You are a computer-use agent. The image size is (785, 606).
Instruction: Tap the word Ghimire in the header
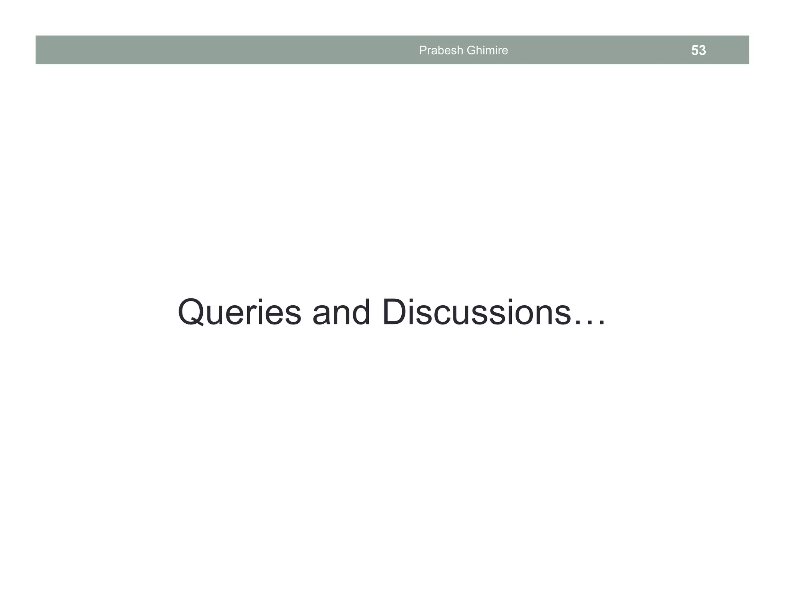pyautogui.click(x=487, y=50)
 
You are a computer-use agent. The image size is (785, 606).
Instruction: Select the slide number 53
pyautogui.click(x=698, y=51)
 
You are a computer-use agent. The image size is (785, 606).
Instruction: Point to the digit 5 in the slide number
pyautogui.click(x=695, y=51)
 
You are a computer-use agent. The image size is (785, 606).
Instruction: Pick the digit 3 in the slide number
pyautogui.click(x=702, y=51)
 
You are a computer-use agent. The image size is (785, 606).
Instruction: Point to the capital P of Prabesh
pyautogui.click(x=422, y=50)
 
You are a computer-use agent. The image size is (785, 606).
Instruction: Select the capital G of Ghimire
pyautogui.click(x=470, y=50)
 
